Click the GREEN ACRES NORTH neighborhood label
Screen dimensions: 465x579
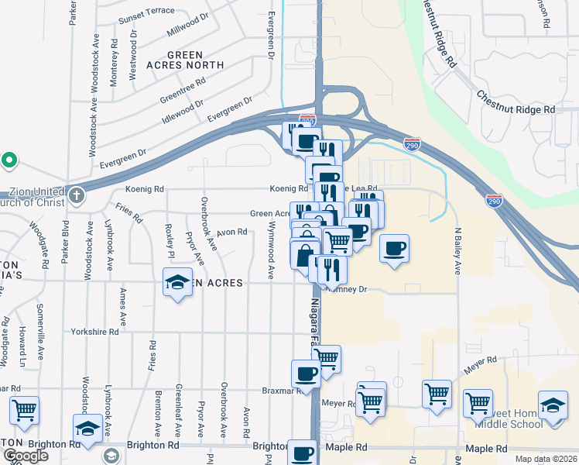pos(185,60)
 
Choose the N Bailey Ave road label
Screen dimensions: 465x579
pos(457,250)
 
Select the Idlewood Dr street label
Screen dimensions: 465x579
pos(183,113)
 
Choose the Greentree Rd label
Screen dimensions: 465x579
pos(183,92)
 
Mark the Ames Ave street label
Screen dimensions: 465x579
pos(123,307)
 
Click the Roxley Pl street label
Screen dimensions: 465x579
pos(168,243)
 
